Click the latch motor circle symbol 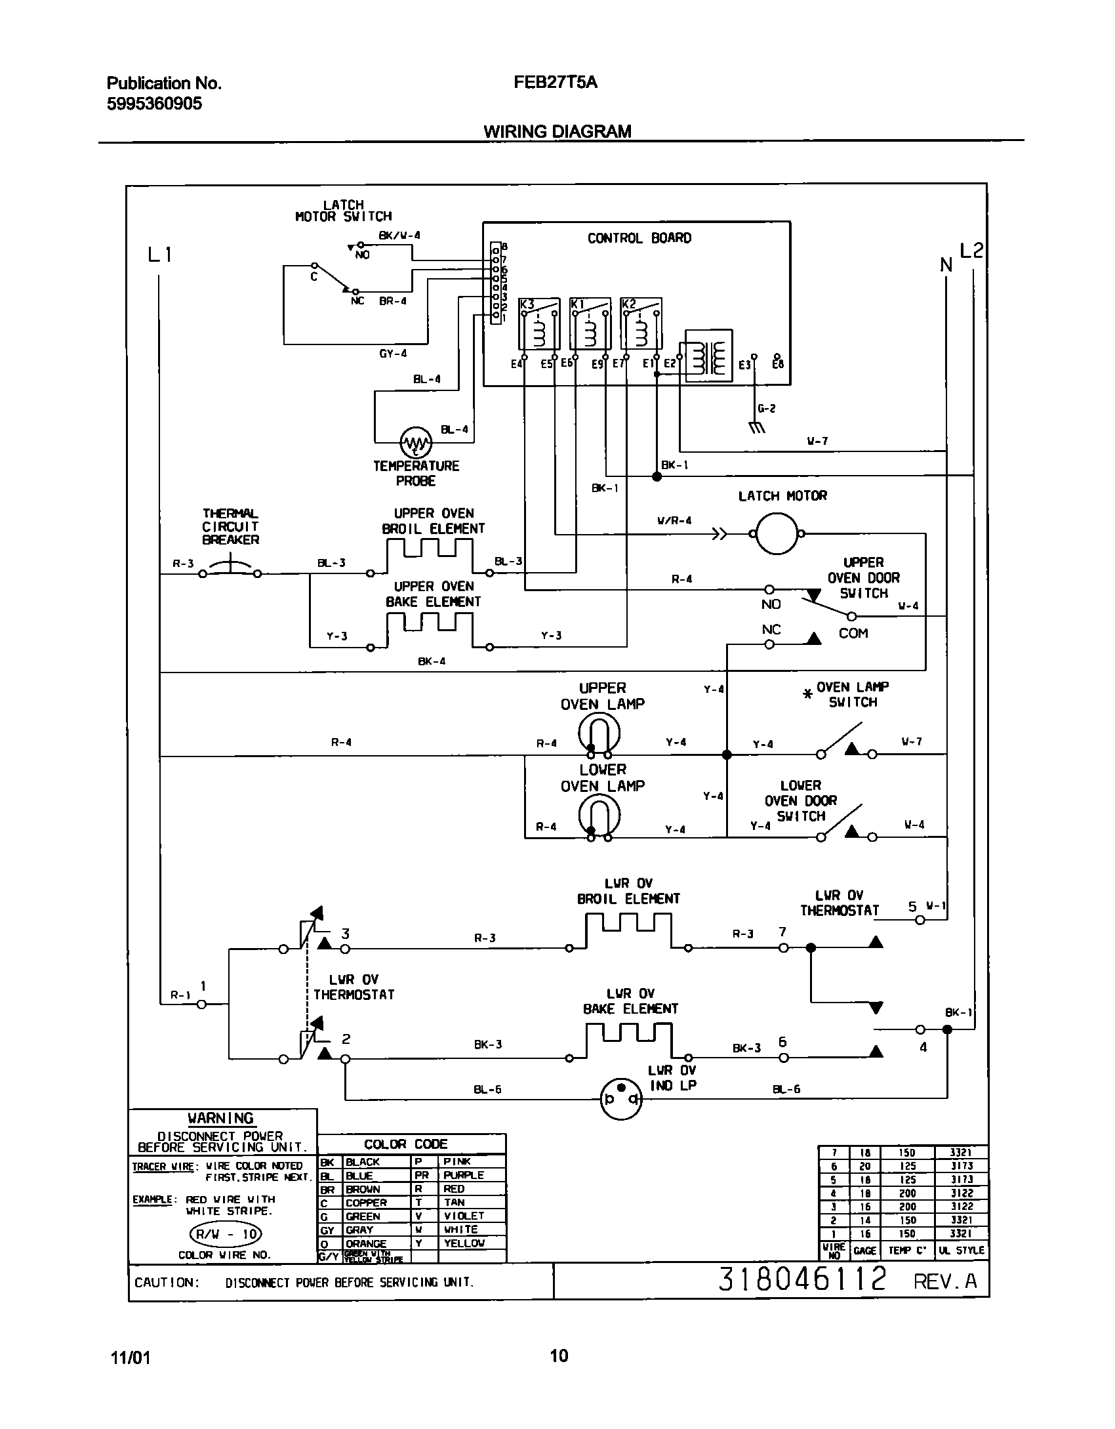(777, 534)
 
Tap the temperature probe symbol (416, 443)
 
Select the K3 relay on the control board (539, 323)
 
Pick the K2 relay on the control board (641, 323)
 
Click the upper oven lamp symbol (599, 733)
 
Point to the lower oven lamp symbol (599, 816)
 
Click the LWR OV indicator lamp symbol (620, 1098)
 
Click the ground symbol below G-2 (757, 428)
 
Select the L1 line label (159, 255)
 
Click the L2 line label (971, 251)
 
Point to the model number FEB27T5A (555, 83)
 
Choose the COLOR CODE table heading (405, 1144)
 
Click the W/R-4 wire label (674, 521)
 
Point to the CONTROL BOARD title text (639, 238)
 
